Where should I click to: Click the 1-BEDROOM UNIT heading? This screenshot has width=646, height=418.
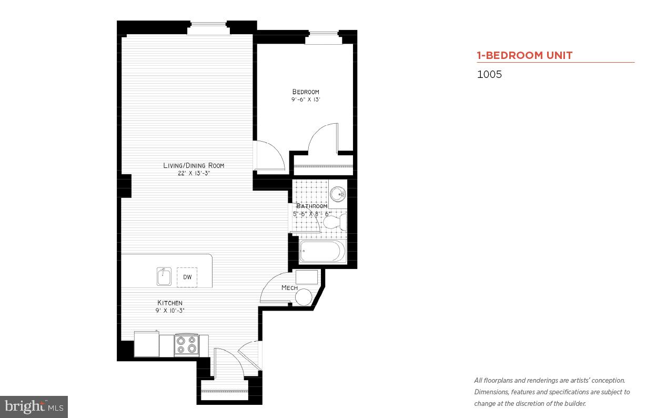(524, 55)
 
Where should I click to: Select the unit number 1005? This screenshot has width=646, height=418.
(489, 74)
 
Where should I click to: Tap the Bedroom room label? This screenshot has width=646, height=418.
(306, 92)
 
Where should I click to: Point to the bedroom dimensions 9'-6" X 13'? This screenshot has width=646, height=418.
(306, 99)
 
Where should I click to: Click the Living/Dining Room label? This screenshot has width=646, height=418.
(194, 165)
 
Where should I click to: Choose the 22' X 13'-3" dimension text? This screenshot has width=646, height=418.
(194, 173)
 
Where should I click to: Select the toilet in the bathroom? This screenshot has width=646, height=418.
(335, 223)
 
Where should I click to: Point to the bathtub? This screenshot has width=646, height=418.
(322, 251)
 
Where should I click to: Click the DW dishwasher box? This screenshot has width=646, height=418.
(187, 277)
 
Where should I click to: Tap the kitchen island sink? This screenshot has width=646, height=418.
(164, 276)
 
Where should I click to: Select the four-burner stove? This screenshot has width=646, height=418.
(186, 345)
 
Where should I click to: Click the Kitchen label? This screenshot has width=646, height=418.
(170, 303)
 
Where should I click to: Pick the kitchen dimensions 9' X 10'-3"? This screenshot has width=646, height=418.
(170, 311)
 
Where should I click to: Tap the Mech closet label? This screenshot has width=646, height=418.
(289, 288)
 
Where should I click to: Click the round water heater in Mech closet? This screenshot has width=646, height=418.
(303, 297)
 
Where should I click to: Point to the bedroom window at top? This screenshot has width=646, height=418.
(323, 34)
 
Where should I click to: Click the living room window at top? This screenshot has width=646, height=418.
(208, 24)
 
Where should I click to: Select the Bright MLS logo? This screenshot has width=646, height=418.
(34, 406)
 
